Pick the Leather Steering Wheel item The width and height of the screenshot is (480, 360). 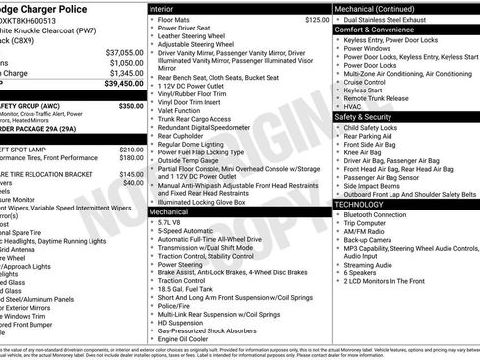tap(194, 36)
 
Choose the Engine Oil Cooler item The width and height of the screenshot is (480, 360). tap(187, 339)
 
